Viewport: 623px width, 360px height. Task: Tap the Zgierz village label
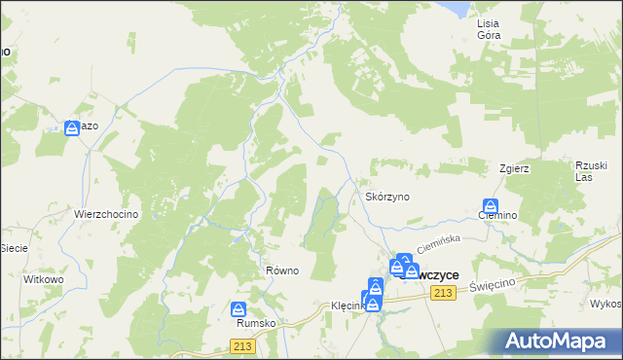tap(512, 167)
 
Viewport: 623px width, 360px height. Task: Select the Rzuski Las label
tap(591, 170)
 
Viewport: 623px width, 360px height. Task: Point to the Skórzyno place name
tap(387, 196)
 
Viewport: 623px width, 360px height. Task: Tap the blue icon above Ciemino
tap(491, 207)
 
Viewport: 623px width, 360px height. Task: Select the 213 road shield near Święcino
tap(445, 294)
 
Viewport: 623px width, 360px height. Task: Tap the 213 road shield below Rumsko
tap(244, 345)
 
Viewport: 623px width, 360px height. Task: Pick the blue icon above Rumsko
tap(239, 310)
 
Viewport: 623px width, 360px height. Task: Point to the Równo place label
tap(281, 270)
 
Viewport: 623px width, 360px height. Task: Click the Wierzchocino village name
tap(108, 214)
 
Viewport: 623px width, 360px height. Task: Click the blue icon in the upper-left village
tap(72, 127)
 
